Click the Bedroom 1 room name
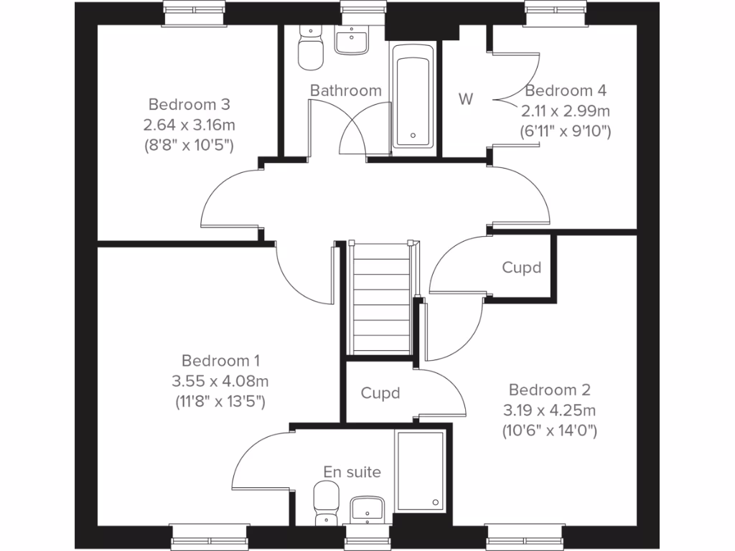[x=220, y=360]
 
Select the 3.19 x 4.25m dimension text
[x=549, y=410]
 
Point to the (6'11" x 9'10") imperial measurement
[x=565, y=131]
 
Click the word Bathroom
[x=345, y=90]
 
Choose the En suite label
[x=352, y=472]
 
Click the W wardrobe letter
[x=467, y=99]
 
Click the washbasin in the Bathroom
[x=352, y=39]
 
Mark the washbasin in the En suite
[x=369, y=510]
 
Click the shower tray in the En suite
[x=421, y=471]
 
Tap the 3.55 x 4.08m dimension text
[x=220, y=380]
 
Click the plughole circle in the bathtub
[x=413, y=134]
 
